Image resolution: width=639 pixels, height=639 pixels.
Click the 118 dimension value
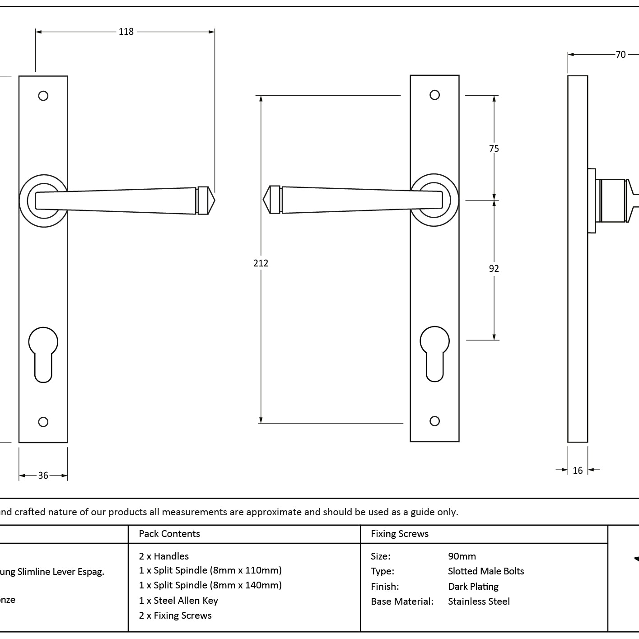(x=126, y=32)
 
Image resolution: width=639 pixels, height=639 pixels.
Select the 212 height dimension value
(x=261, y=263)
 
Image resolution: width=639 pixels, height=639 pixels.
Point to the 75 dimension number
(x=494, y=148)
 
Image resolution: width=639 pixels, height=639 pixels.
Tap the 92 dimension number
(x=494, y=269)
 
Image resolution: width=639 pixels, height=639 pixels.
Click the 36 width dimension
(x=43, y=476)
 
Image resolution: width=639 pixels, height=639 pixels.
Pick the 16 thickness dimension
(x=578, y=471)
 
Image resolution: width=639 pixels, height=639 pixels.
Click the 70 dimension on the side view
(x=620, y=55)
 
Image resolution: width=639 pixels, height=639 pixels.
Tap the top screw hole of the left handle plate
(x=43, y=96)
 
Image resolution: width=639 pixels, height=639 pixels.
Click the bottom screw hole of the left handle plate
(x=43, y=422)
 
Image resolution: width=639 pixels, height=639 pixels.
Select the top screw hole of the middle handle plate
(x=434, y=95)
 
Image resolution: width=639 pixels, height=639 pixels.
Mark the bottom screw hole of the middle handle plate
(x=434, y=421)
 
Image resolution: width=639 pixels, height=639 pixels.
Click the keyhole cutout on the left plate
(x=43, y=354)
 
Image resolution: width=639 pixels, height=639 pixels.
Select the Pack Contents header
(x=169, y=534)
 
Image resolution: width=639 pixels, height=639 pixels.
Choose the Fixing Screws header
(x=400, y=534)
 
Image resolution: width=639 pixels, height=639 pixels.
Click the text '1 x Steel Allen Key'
(x=178, y=600)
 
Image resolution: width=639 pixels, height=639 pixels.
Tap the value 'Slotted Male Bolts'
(x=486, y=571)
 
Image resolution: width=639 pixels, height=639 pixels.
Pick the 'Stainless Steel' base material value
(x=479, y=602)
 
